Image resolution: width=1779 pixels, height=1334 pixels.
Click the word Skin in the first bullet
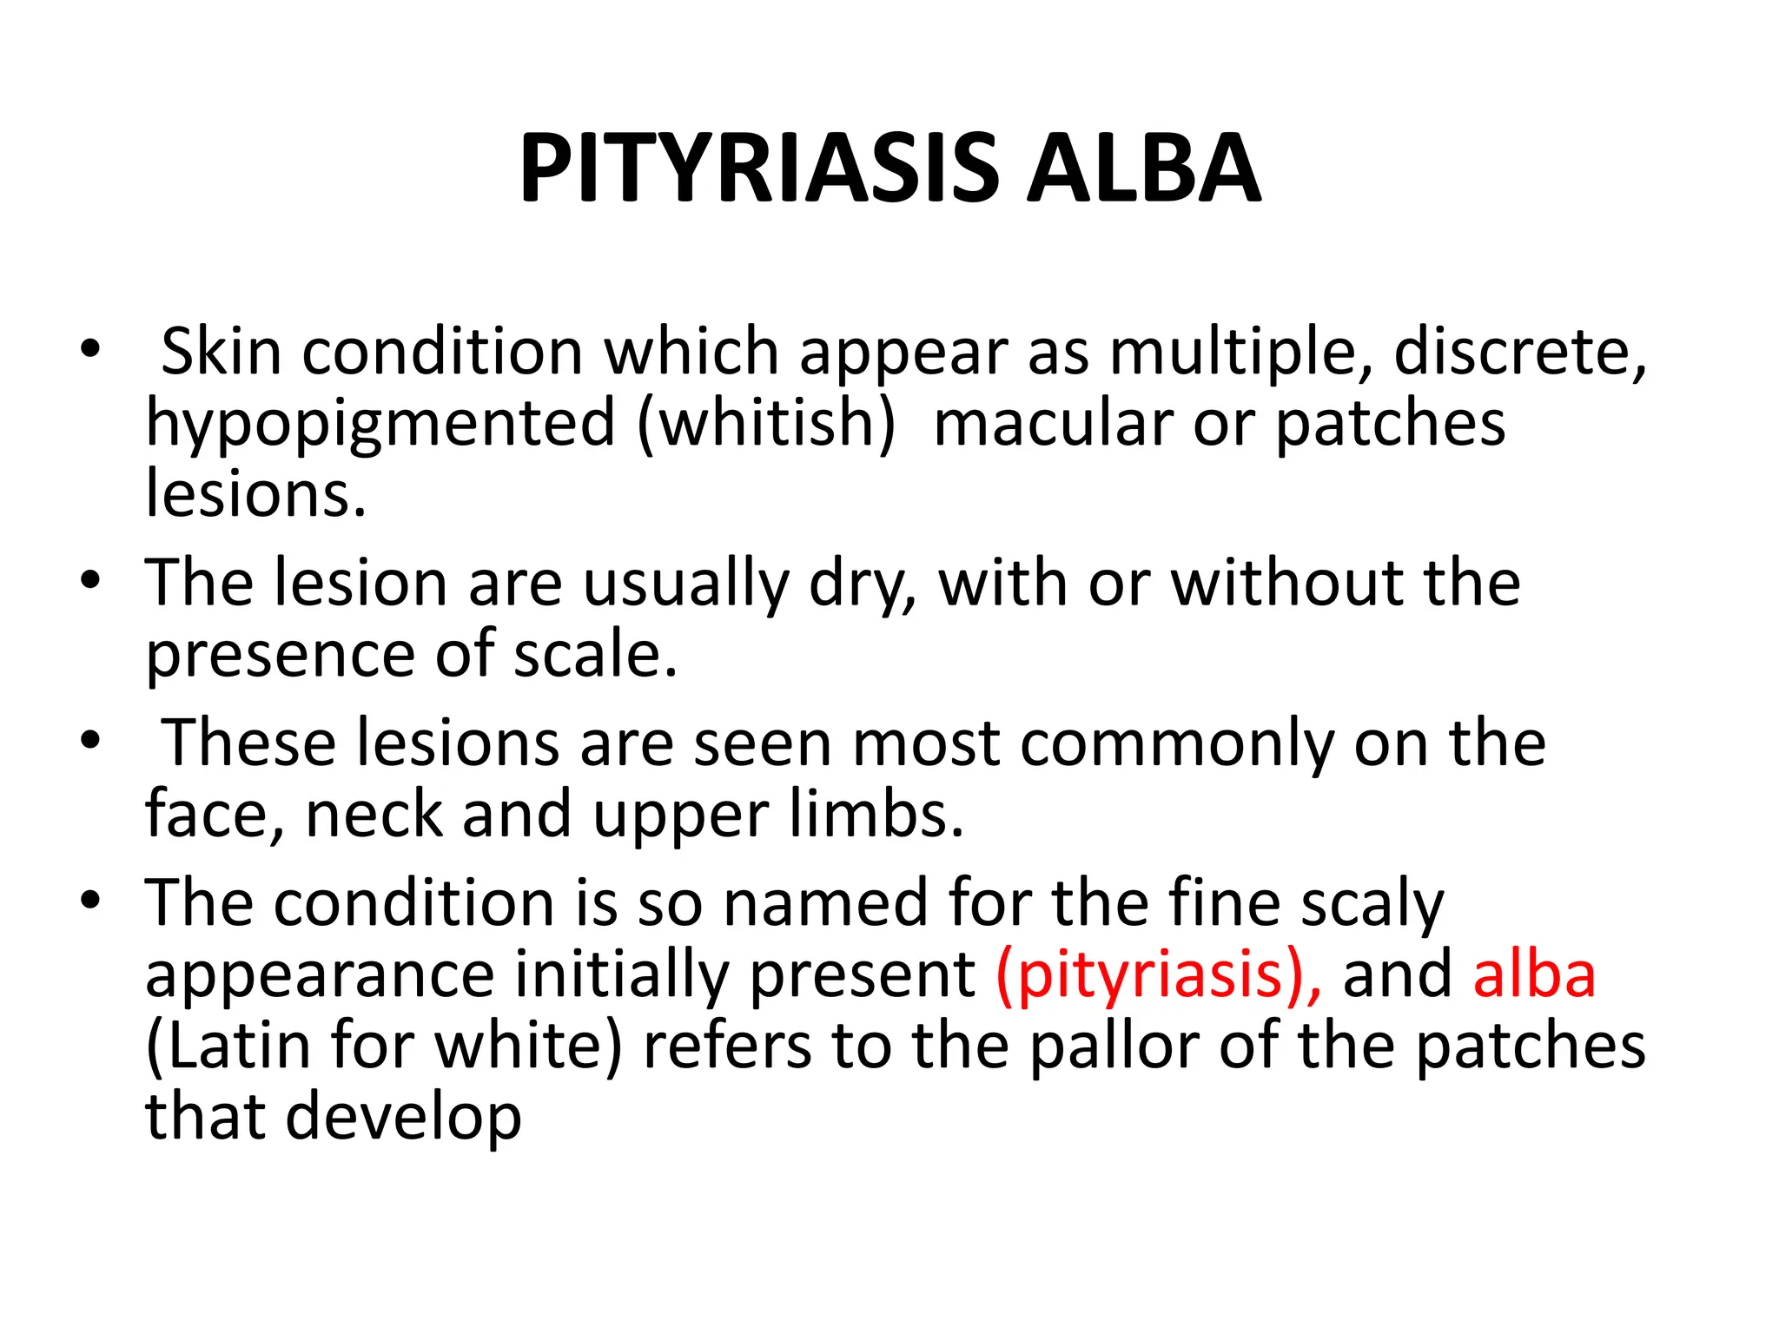click(x=221, y=352)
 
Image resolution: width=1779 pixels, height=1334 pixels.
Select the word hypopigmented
click(x=380, y=425)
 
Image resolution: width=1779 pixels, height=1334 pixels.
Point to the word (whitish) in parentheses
click(x=765, y=425)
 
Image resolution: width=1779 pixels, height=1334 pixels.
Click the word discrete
click(x=1520, y=353)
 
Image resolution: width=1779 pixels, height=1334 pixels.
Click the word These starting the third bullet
click(x=250, y=743)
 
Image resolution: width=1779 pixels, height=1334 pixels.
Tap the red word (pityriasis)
click(x=1159, y=975)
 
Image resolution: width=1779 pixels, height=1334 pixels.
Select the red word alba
click(x=1534, y=974)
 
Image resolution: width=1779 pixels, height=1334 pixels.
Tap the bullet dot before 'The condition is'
click(x=90, y=901)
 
